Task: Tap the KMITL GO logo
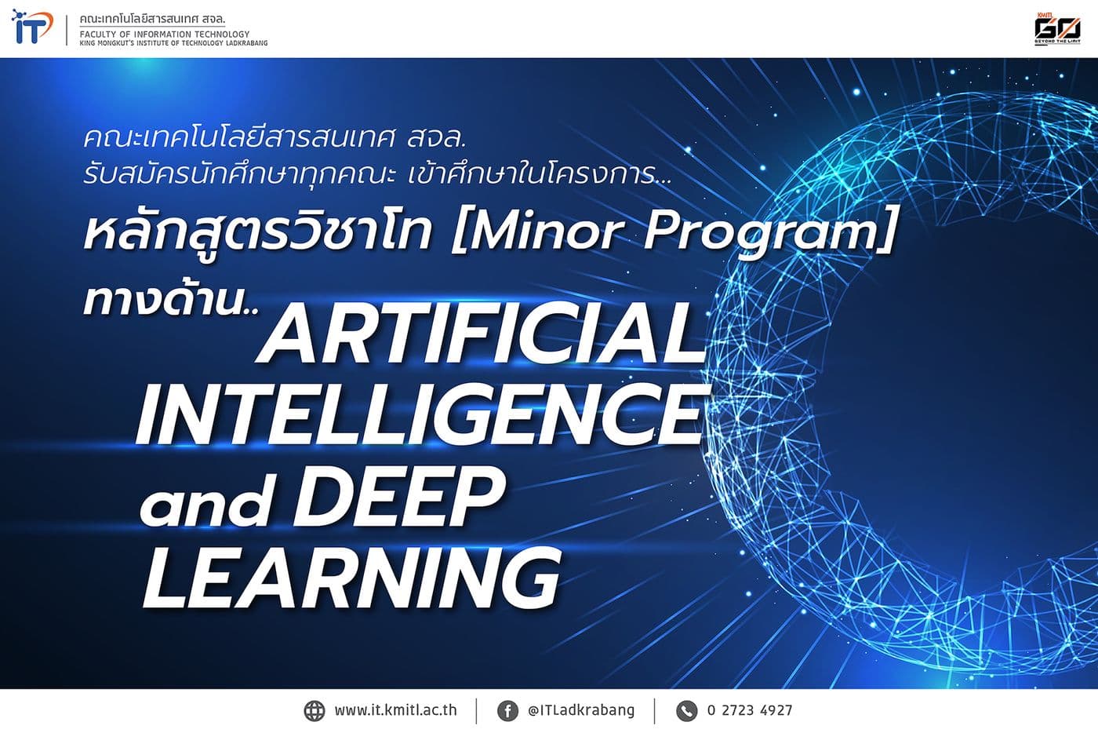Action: [x=1056, y=30]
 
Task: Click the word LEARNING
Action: [x=351, y=578]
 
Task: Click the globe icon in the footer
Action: [x=314, y=711]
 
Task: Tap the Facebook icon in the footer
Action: [x=507, y=711]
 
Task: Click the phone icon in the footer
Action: [x=687, y=711]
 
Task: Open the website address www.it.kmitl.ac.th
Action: [x=395, y=711]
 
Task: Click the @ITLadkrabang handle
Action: [x=581, y=711]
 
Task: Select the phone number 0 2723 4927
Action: [x=750, y=711]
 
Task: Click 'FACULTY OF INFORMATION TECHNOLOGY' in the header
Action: [x=165, y=34]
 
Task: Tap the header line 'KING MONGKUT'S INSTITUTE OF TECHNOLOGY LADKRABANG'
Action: [x=173, y=43]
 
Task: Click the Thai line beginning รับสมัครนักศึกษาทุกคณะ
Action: [x=376, y=174]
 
